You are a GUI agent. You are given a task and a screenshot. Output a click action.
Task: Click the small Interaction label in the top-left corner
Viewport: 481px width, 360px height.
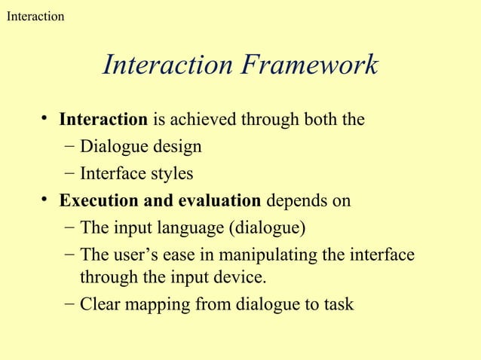[x=35, y=16]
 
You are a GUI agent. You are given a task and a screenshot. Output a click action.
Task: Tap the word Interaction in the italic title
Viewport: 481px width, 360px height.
[x=168, y=66]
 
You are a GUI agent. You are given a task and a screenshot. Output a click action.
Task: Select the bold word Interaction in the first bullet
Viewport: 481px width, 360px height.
[x=103, y=120]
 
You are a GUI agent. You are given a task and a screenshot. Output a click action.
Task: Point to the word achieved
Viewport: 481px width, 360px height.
[x=199, y=120]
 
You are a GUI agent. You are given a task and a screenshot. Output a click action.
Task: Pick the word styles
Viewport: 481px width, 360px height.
[x=170, y=174]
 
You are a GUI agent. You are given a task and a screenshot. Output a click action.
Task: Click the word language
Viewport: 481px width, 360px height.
[x=188, y=228]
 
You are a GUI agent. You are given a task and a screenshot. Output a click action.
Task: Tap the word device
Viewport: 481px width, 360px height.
[x=244, y=278]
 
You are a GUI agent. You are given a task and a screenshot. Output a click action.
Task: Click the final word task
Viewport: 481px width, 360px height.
[x=338, y=305]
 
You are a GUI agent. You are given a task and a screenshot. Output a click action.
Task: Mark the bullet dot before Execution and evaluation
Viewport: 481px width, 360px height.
[x=46, y=200]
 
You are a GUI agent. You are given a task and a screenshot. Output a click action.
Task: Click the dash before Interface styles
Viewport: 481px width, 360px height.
[x=69, y=174]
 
